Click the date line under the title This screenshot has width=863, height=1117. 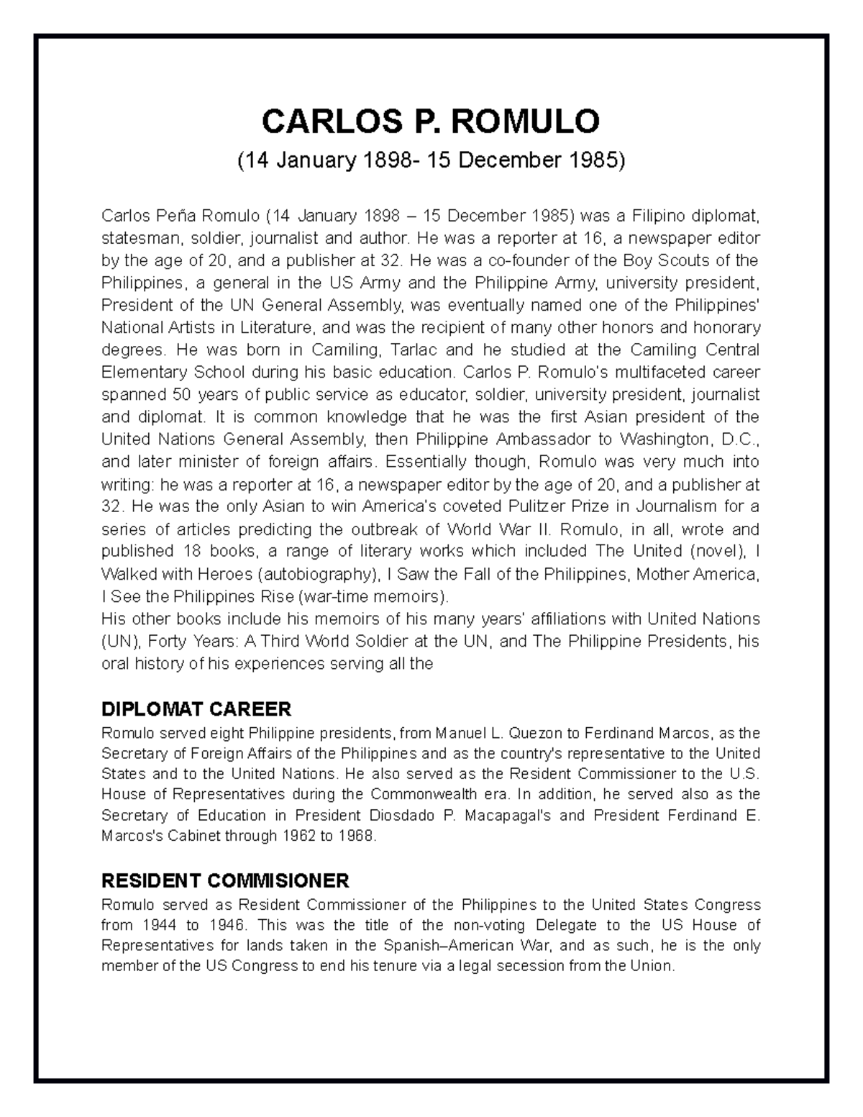(x=431, y=160)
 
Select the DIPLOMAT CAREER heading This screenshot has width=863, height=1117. (x=196, y=709)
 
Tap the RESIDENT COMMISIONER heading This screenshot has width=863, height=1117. (x=225, y=880)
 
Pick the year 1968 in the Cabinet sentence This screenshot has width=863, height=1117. (x=357, y=836)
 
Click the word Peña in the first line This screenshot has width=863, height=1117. (x=175, y=216)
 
